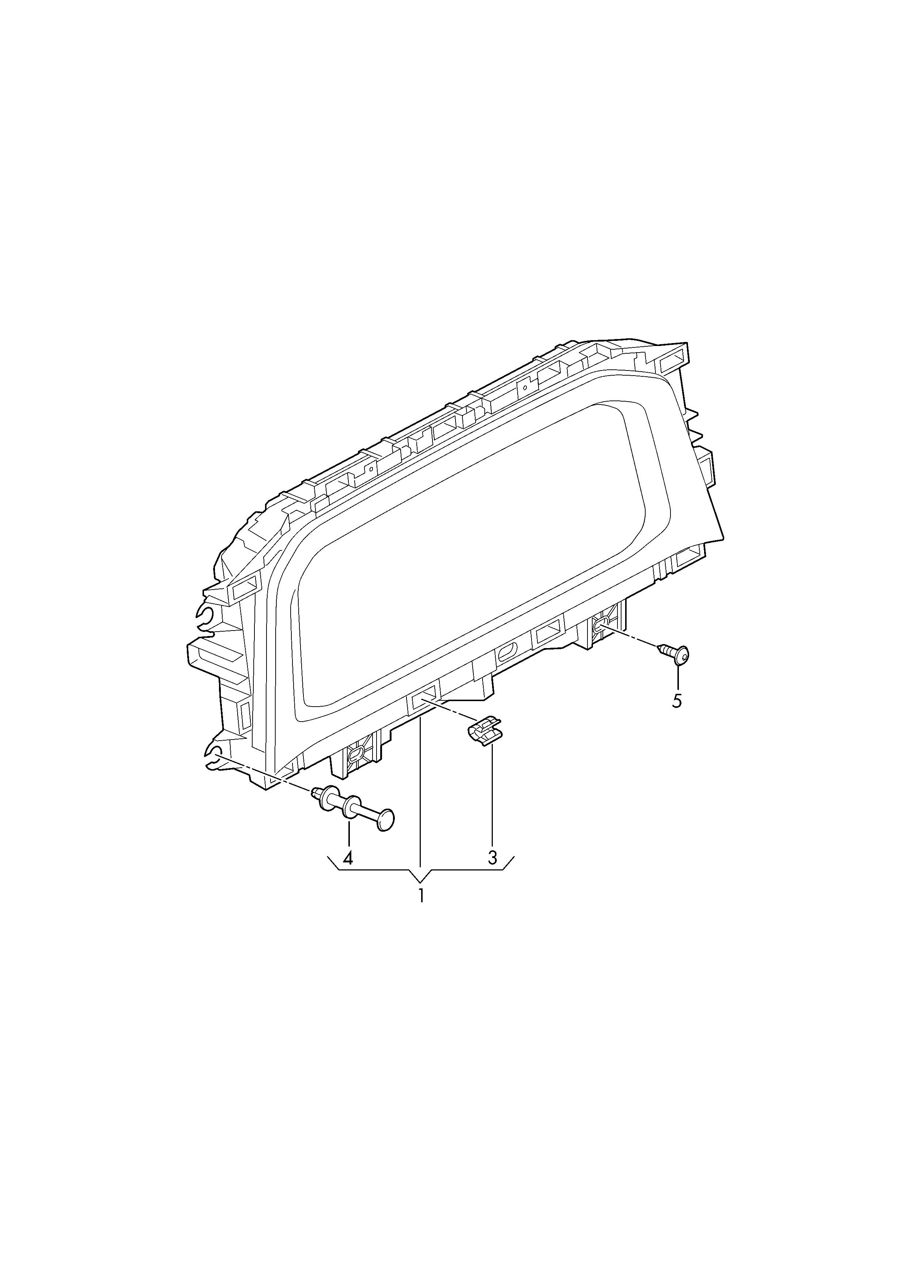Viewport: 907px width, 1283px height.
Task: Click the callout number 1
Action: coord(421,895)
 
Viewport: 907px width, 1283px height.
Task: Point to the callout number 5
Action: coord(677,701)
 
